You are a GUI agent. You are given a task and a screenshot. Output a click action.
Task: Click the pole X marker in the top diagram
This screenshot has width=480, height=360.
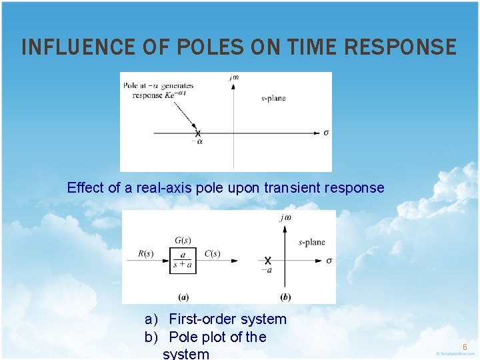(198, 133)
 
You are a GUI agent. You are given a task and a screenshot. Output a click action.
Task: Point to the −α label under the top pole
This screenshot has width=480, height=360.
(197, 142)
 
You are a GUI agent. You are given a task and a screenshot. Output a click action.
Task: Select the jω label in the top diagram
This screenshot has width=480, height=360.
(233, 77)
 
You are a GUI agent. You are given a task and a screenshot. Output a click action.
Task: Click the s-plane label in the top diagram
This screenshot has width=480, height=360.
(273, 98)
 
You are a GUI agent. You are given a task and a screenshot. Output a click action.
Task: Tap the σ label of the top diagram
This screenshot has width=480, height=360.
(326, 133)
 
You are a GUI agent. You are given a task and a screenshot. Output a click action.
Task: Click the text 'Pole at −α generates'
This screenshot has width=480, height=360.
(158, 85)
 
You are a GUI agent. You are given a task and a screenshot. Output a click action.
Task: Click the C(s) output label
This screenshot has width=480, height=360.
(212, 253)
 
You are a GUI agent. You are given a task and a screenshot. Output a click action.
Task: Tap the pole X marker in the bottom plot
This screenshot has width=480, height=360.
(267, 260)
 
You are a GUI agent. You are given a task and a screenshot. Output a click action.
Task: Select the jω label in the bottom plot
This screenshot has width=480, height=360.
(285, 217)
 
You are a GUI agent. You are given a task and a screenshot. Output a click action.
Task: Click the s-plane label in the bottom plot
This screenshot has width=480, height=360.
(312, 242)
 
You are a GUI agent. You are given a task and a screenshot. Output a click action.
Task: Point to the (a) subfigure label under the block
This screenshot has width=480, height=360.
(183, 296)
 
